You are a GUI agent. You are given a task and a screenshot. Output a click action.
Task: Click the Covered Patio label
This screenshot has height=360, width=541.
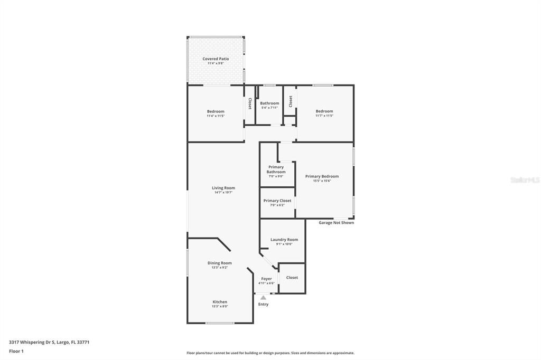(216, 59)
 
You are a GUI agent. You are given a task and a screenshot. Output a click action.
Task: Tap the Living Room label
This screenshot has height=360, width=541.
(223, 188)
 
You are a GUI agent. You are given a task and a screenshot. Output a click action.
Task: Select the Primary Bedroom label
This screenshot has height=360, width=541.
(322, 176)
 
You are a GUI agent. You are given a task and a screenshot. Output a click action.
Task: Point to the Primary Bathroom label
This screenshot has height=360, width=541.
(276, 169)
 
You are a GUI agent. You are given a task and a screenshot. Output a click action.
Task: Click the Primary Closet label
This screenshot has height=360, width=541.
(277, 201)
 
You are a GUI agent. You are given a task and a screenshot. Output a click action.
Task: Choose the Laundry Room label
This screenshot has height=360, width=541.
(284, 240)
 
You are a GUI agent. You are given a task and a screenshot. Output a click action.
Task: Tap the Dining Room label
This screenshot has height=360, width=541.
(219, 263)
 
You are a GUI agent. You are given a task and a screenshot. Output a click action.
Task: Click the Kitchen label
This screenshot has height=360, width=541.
(220, 302)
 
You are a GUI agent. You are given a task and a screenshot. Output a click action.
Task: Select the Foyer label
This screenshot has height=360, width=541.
(266, 279)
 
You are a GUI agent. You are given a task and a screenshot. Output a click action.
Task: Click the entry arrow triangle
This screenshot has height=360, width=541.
(263, 298)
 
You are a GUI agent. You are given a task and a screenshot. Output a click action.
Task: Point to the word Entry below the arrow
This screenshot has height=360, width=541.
(263, 305)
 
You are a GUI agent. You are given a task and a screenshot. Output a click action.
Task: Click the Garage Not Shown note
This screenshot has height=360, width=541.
(336, 223)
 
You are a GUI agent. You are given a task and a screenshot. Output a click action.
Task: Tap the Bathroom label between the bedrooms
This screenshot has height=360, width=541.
(269, 103)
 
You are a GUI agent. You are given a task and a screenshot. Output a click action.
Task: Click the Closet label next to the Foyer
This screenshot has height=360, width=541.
(292, 278)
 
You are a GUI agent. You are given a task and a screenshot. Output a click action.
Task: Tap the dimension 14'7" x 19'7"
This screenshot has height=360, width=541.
(223, 193)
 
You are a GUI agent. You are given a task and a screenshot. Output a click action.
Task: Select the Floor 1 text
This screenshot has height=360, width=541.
(16, 351)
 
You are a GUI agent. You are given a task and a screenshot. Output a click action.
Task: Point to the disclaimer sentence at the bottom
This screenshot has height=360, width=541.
(270, 353)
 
